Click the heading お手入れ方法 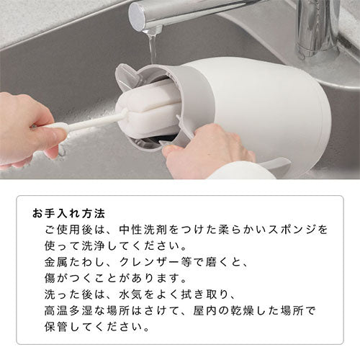(68, 214)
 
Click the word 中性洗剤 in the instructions (143, 230)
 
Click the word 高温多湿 (68, 311)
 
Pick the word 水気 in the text (131, 295)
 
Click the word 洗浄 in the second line (94, 246)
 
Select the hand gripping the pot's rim (207, 149)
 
